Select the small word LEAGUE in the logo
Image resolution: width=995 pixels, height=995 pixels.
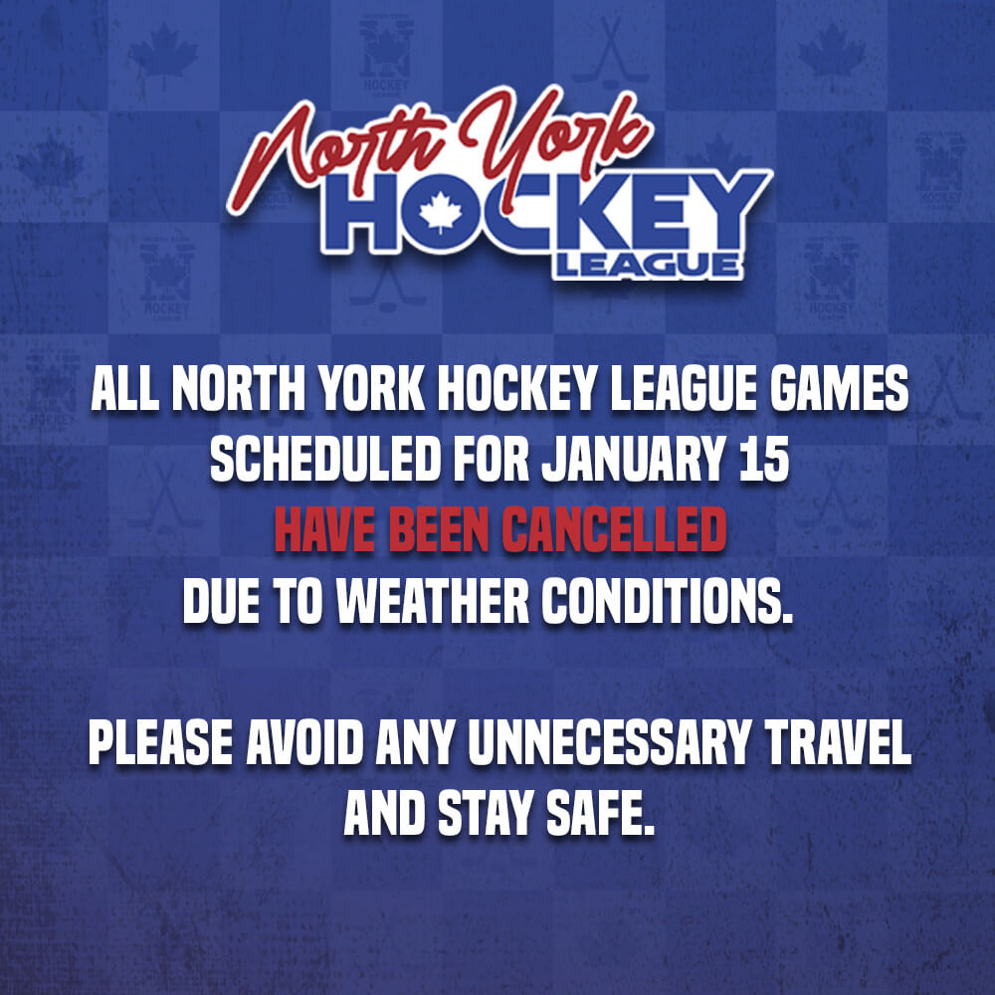(x=648, y=266)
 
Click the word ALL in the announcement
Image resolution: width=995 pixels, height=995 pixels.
(x=124, y=389)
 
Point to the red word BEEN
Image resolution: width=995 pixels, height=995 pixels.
(x=439, y=530)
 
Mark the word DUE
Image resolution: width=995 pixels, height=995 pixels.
(x=221, y=602)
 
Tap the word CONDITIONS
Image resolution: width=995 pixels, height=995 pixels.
(x=668, y=602)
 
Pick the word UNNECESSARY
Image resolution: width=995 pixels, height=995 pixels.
(x=609, y=743)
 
